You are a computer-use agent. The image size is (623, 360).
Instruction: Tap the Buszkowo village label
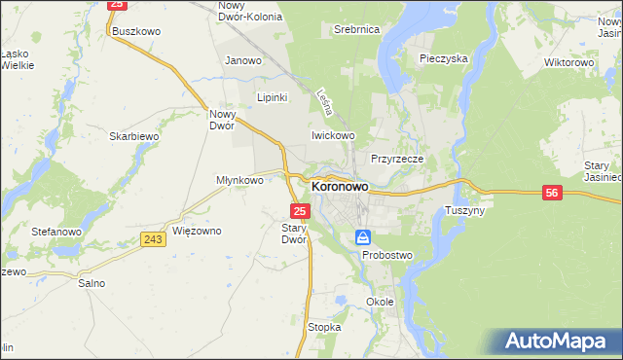(x=135, y=31)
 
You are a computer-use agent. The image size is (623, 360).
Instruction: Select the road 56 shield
(x=552, y=194)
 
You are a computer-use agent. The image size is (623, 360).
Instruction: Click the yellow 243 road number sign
(x=152, y=239)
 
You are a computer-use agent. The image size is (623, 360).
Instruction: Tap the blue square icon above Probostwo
(x=363, y=236)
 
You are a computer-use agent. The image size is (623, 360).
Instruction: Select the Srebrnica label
(x=355, y=30)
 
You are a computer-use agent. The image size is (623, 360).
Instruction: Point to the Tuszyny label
(x=464, y=210)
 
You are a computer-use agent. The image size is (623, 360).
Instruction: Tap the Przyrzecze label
(x=395, y=158)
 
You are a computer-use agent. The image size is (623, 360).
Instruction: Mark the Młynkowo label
(x=240, y=180)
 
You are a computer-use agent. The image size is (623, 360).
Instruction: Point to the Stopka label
(x=324, y=328)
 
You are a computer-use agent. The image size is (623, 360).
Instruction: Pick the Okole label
(x=380, y=302)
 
